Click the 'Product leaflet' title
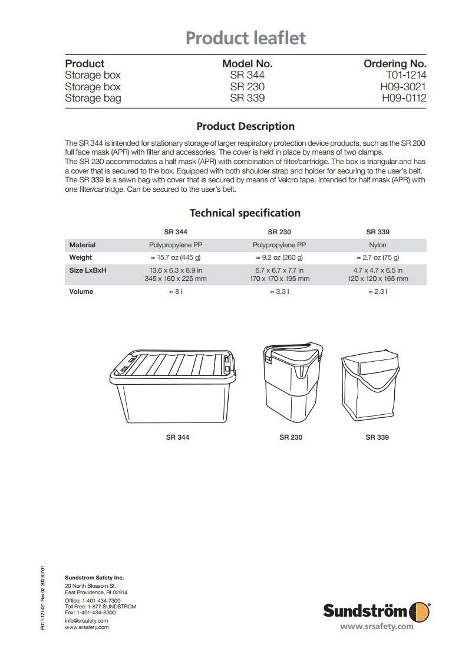246,38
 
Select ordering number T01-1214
406,75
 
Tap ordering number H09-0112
404,98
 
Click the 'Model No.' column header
247,64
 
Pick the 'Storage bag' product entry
93,98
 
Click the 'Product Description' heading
245,126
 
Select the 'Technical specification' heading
245,213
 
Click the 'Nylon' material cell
378,245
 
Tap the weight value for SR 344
175,257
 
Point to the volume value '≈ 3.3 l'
279,292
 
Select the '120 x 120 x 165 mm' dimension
378,279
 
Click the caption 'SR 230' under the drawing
291,437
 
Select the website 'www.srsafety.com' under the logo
377,626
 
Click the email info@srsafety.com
86,621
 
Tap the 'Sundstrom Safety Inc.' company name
94,577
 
